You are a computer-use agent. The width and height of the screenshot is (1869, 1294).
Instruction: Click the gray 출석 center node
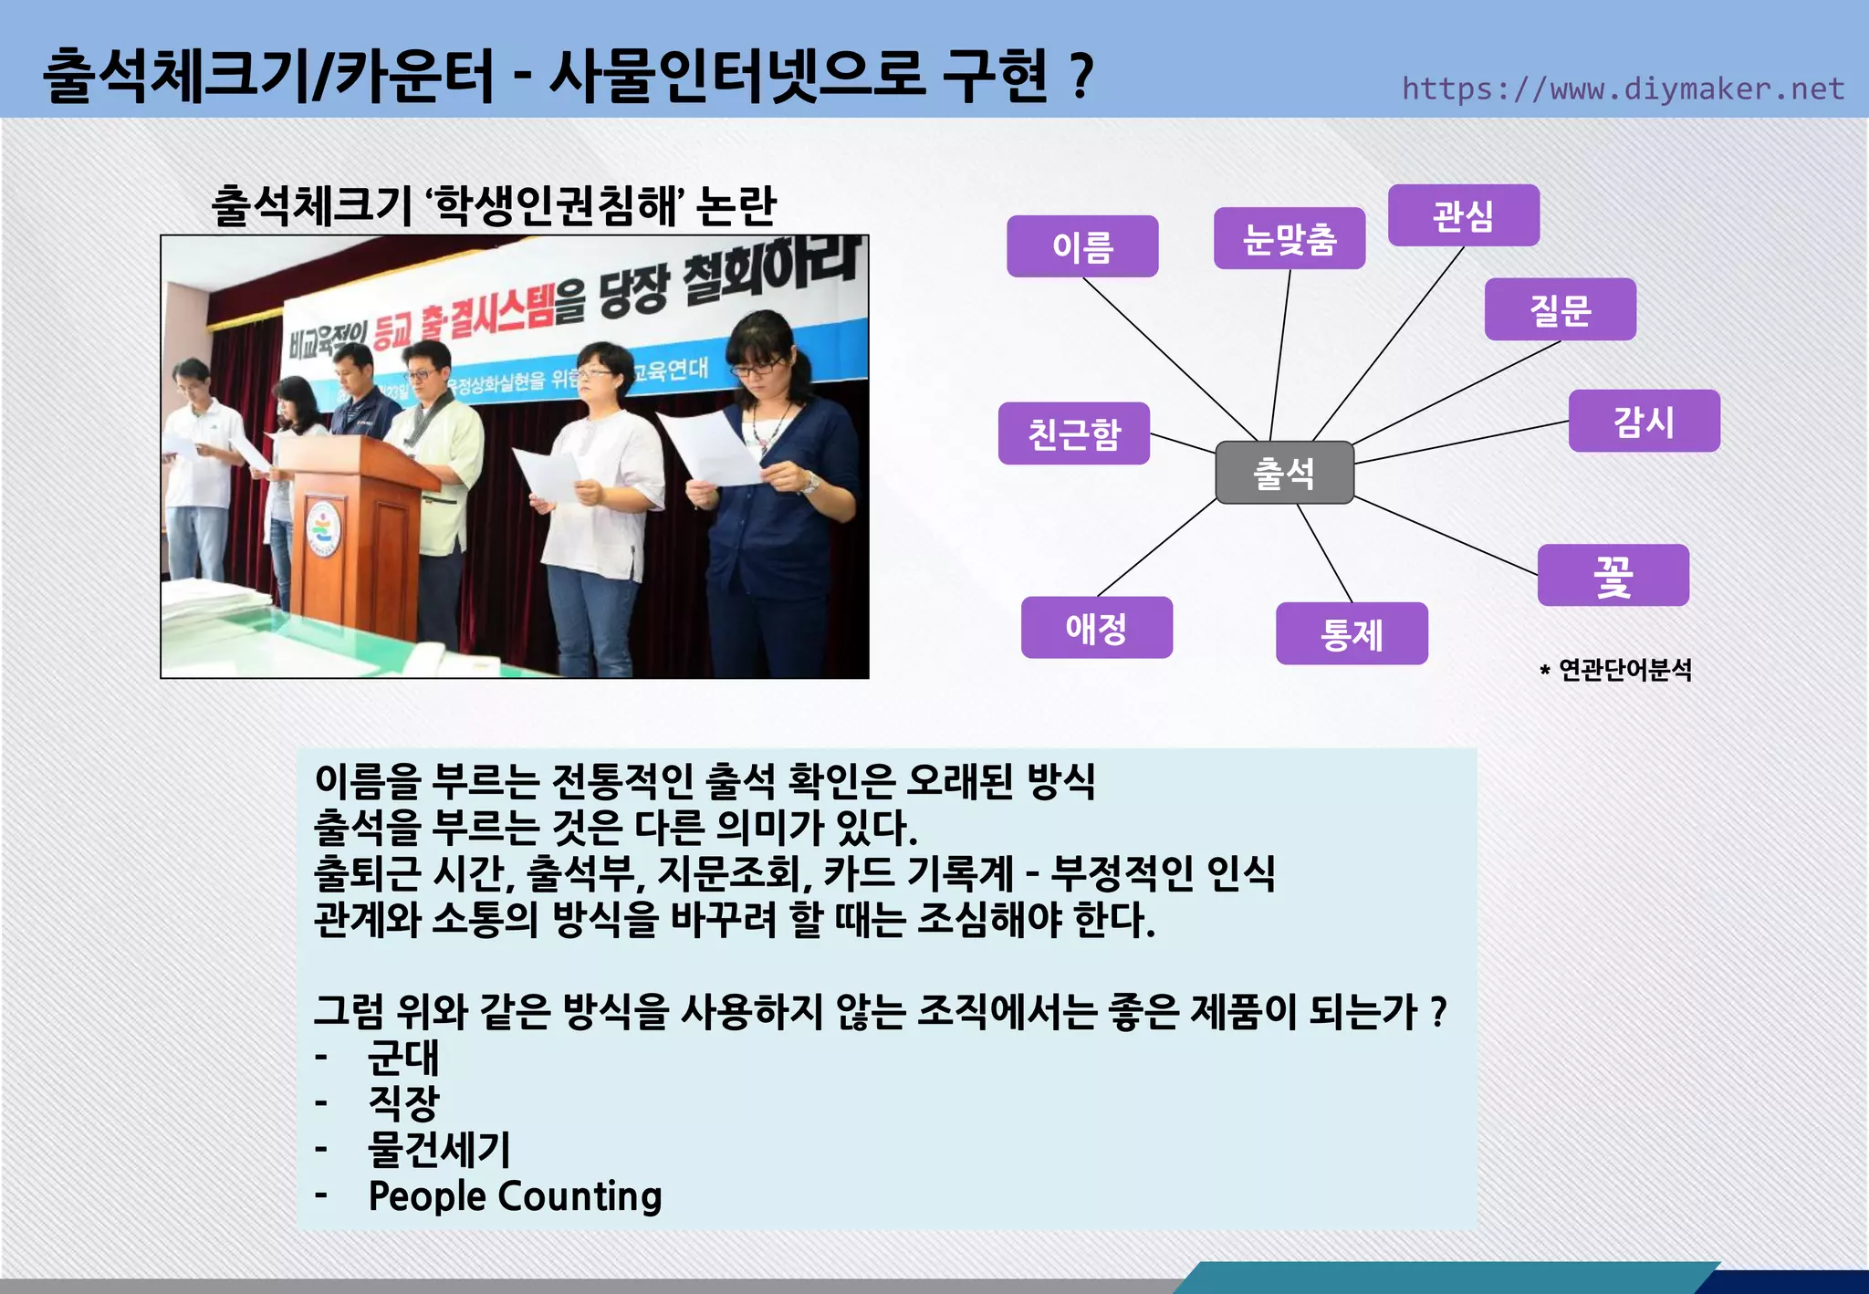point(1284,472)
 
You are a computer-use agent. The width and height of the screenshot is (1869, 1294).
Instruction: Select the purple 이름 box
point(1082,246)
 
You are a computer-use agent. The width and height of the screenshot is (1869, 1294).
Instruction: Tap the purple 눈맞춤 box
point(1289,238)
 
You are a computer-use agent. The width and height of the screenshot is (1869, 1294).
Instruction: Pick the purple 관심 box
point(1463,215)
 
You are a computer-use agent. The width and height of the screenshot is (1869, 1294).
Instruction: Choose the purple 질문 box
point(1560,309)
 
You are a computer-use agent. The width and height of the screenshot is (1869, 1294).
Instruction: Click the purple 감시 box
point(1644,421)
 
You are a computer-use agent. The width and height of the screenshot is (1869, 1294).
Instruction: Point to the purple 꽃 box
point(1613,575)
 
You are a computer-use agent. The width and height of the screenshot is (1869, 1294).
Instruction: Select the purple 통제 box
point(1351,633)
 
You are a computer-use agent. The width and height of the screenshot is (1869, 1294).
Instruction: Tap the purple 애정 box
point(1096,627)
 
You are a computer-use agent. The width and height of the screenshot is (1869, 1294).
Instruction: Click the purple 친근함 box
point(1073,433)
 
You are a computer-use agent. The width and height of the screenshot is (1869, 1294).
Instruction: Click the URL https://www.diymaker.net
point(1622,89)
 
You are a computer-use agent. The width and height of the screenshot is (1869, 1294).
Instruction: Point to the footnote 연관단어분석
point(1624,670)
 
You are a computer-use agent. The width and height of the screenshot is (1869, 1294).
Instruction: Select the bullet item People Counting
point(515,1195)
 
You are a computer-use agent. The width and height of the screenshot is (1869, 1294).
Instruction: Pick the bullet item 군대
point(402,1057)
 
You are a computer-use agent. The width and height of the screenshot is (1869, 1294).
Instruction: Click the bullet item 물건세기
point(438,1149)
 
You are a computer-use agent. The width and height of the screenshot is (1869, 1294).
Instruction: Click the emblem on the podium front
point(322,528)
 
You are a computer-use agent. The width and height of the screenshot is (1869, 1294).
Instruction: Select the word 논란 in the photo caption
point(736,205)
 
